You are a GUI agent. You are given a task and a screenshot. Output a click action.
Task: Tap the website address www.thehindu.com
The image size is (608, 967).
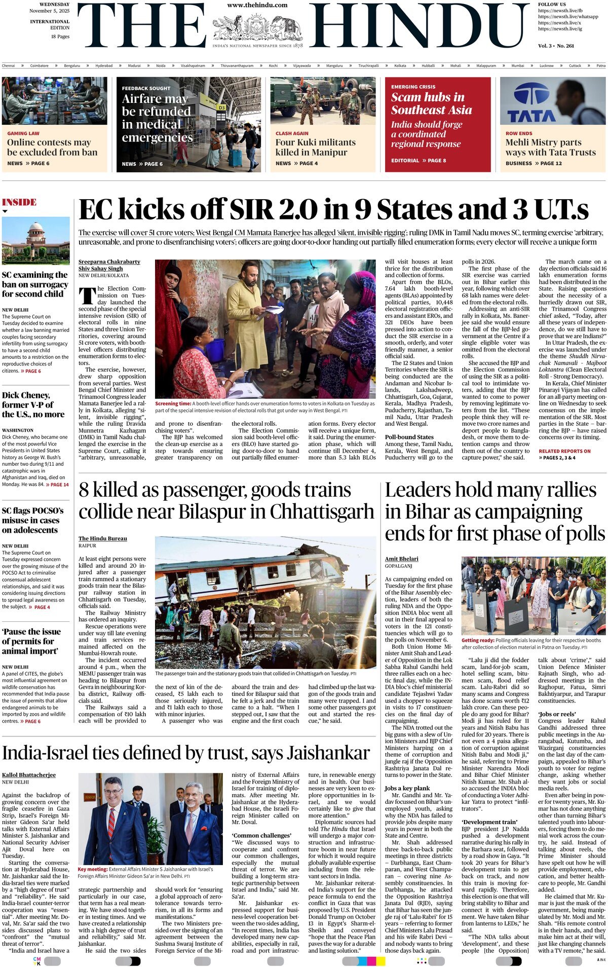[257, 5]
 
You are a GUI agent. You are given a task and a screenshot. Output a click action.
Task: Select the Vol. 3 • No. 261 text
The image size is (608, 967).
[556, 46]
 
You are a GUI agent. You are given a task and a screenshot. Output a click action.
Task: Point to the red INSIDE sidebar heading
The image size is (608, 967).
[19, 202]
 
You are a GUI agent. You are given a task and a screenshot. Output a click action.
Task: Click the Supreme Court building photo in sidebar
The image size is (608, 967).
[35, 241]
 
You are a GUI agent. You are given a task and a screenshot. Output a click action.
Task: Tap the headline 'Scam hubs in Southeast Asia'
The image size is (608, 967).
[431, 103]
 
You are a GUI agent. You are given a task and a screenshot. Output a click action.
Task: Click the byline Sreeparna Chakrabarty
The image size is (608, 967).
[109, 262]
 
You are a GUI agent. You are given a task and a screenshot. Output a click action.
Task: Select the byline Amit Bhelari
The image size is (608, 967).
[402, 559]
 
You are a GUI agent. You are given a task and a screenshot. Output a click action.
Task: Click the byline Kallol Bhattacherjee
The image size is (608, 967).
[29, 775]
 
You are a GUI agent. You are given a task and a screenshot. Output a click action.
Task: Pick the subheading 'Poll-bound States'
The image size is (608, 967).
[409, 437]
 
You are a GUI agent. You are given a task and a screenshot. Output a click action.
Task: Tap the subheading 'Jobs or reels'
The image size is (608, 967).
[557, 714]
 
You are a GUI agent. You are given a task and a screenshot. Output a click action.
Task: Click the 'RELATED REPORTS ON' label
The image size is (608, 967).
[564, 451]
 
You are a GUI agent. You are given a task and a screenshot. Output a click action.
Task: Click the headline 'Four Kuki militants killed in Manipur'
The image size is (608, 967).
[316, 147]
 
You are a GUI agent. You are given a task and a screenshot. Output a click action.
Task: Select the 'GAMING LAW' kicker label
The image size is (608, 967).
[23, 133]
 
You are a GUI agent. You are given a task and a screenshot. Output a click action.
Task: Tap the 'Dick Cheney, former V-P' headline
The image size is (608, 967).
[33, 404]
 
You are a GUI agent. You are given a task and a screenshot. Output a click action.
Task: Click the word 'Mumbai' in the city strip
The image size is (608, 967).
[518, 65]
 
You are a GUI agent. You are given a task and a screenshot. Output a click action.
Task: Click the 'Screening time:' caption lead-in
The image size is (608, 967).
[173, 403]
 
